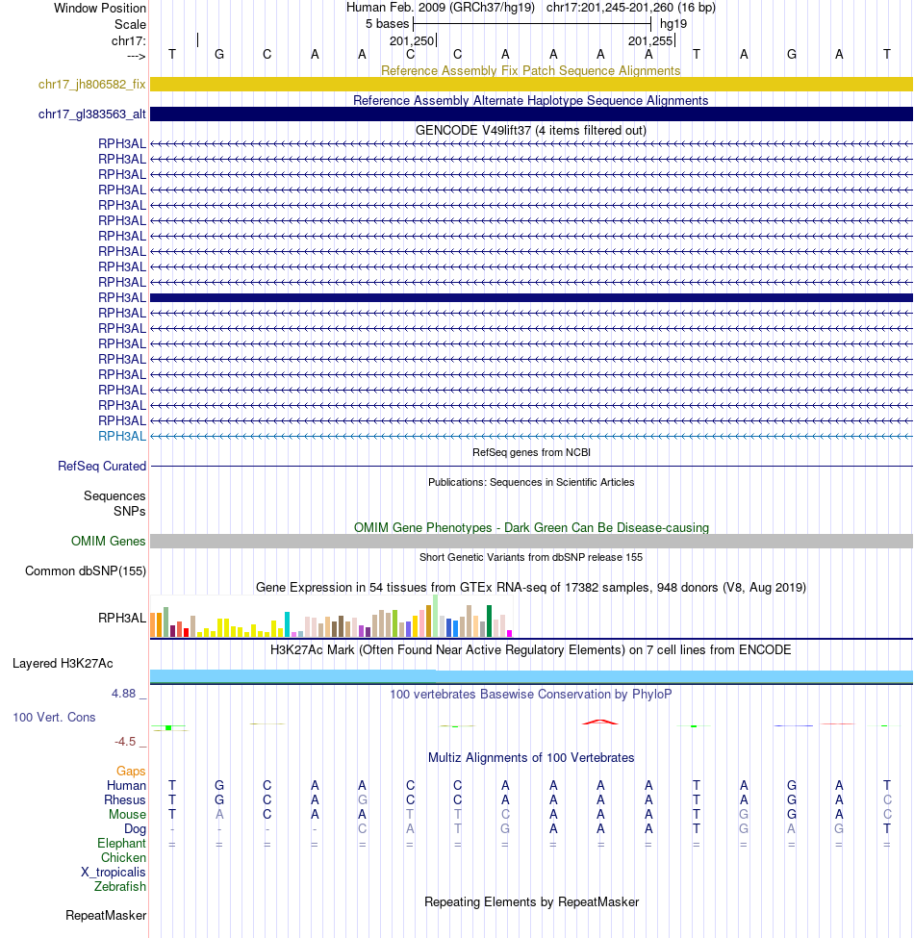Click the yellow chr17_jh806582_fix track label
pyautogui.click(x=91, y=85)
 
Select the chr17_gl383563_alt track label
pyautogui.click(x=91, y=114)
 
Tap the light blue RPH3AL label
pyautogui.click(x=122, y=436)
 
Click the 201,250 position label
pyautogui.click(x=411, y=41)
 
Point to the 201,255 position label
pyautogui.click(x=649, y=41)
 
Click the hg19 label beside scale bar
pyautogui.click(x=673, y=24)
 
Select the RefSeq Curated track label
pyautogui.click(x=102, y=467)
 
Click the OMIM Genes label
pyautogui.click(x=108, y=542)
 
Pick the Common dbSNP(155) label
pyautogui.click(x=86, y=571)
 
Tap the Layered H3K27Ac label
pyautogui.click(x=63, y=664)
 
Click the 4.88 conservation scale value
pyautogui.click(x=128, y=693)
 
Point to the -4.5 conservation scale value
pyautogui.click(x=129, y=742)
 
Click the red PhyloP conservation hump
pyautogui.click(x=600, y=721)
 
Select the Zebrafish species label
pyautogui.click(x=120, y=887)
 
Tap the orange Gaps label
pyautogui.click(x=131, y=772)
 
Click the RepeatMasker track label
pyautogui.click(x=106, y=916)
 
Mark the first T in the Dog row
pyautogui.click(x=458, y=829)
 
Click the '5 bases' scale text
pyautogui.click(x=387, y=24)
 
